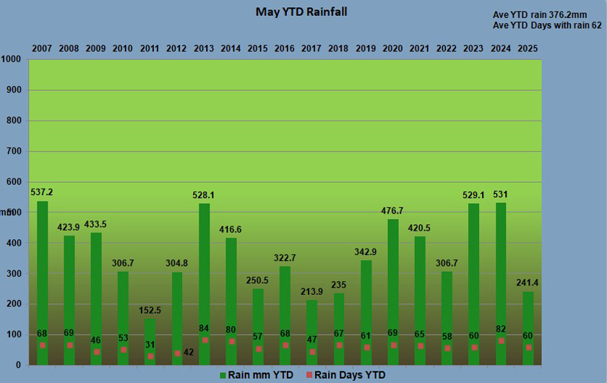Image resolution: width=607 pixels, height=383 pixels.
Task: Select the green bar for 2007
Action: tap(43, 282)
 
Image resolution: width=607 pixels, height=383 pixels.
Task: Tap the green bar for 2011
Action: tap(150, 340)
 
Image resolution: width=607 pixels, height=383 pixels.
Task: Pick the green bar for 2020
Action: tap(393, 289)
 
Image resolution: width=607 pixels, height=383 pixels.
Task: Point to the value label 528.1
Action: tap(205, 195)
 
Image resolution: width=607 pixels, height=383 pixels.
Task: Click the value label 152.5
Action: tap(150, 311)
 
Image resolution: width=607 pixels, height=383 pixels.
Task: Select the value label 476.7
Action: tap(393, 211)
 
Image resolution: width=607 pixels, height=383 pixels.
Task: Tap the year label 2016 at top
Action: tap(285, 48)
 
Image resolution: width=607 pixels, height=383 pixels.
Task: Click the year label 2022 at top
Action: tap(447, 48)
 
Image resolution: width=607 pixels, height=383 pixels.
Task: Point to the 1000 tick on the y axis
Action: tap(13, 60)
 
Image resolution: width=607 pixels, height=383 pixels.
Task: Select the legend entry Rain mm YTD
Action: tap(257, 374)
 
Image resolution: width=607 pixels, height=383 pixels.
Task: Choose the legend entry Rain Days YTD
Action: tap(345, 374)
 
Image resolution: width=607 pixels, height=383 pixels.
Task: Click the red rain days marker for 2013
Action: tap(205, 340)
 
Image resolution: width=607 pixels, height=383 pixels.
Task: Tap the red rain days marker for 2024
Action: tap(501, 340)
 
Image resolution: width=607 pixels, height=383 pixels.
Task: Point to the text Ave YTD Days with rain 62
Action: tap(547, 25)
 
